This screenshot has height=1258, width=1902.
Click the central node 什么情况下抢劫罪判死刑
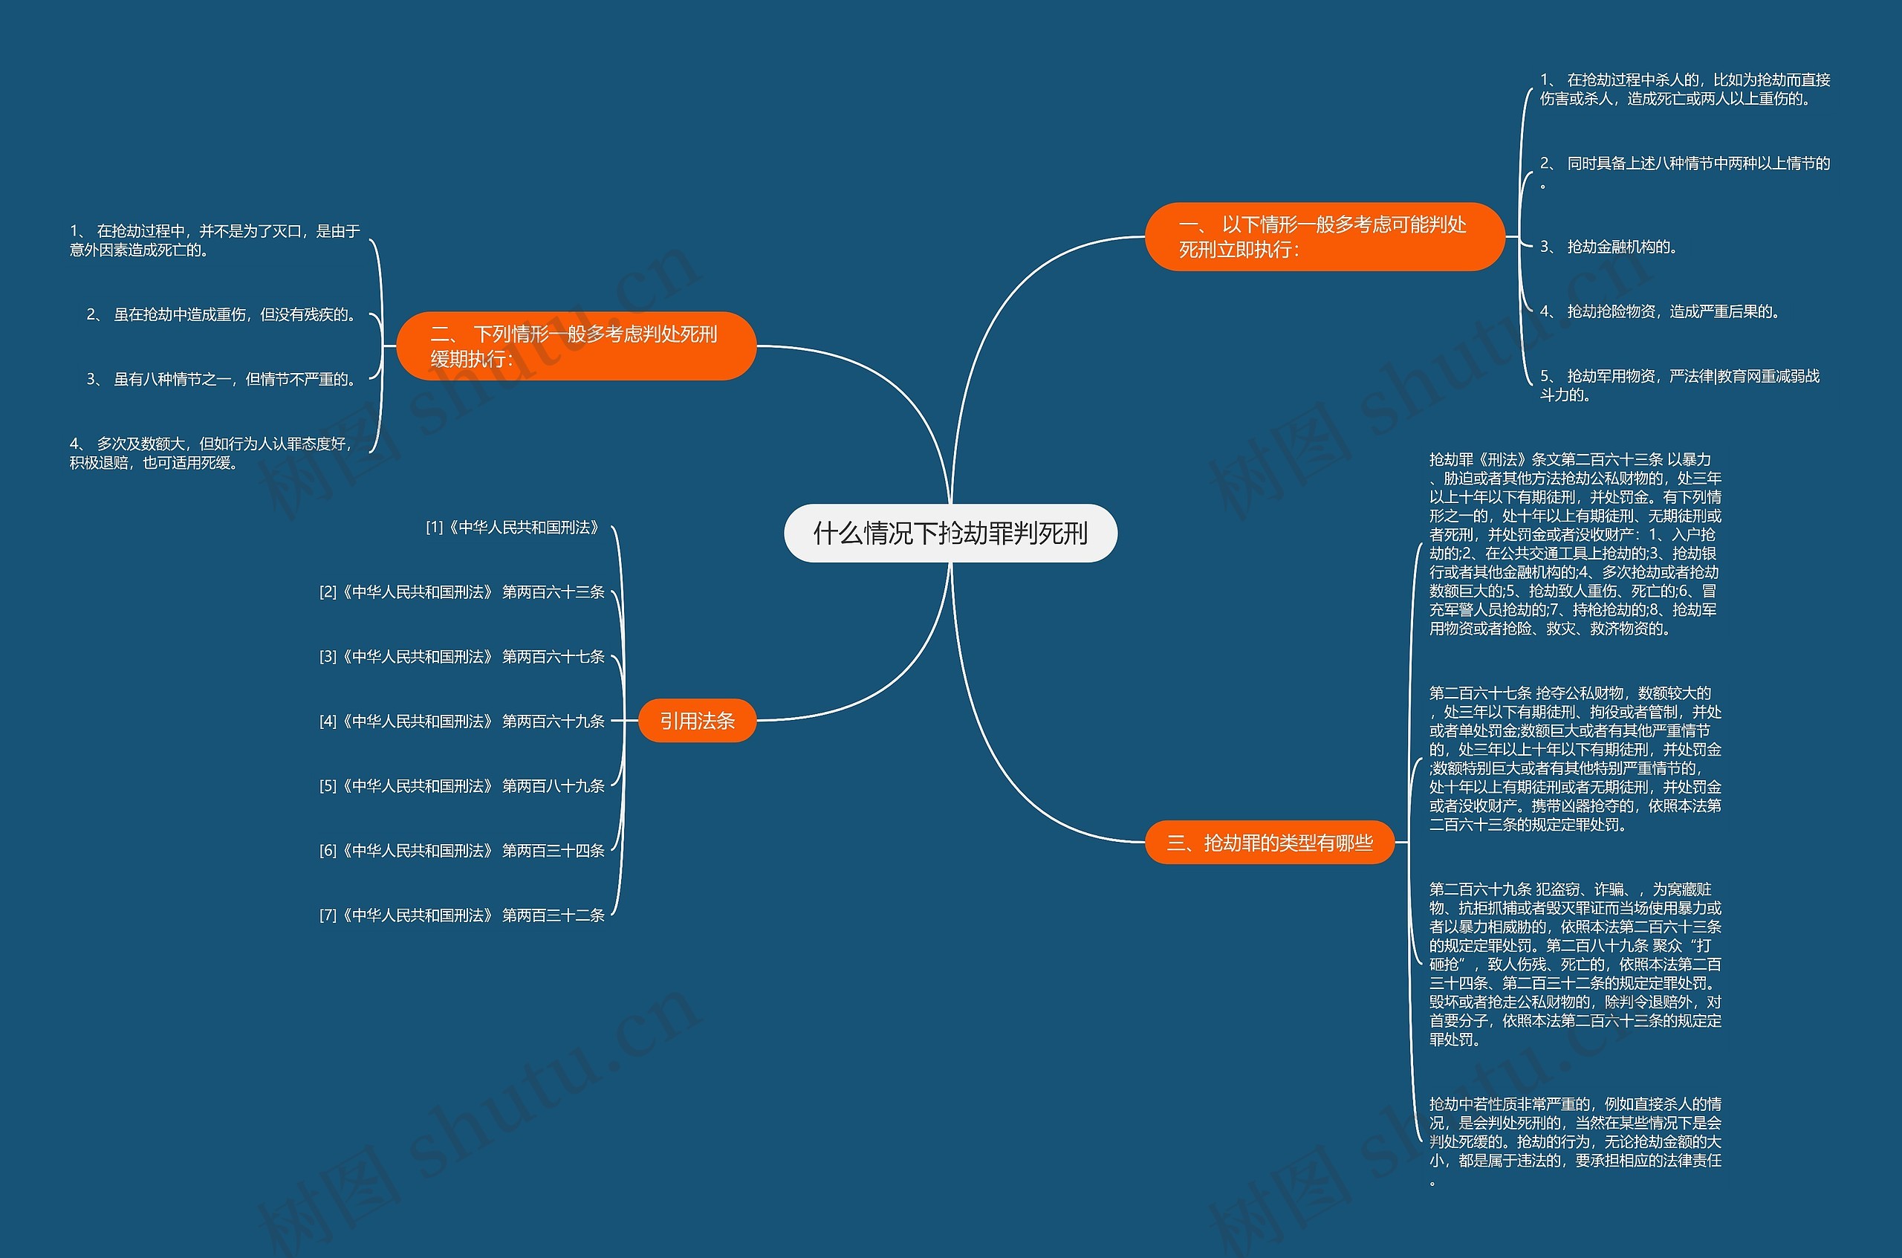[x=950, y=533]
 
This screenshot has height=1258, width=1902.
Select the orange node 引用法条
[x=697, y=721]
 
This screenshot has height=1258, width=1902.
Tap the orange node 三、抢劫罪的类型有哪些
[x=1269, y=843]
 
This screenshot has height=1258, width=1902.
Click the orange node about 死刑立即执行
[x=1325, y=237]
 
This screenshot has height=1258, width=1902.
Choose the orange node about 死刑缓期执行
[x=576, y=346]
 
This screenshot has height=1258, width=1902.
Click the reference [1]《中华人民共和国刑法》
[x=514, y=527]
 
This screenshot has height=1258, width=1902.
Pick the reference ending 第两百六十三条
[x=462, y=592]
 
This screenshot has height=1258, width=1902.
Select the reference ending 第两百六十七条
[x=462, y=656]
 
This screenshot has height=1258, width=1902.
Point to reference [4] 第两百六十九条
[x=462, y=722]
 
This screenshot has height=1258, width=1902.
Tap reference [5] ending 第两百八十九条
[x=462, y=785]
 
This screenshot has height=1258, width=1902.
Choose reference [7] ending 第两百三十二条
[x=462, y=915]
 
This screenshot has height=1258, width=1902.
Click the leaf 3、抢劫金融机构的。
[x=1609, y=246]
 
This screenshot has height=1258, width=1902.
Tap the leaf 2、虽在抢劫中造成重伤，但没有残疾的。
[x=223, y=314]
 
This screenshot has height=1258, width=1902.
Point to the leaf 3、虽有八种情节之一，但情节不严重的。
[x=223, y=379]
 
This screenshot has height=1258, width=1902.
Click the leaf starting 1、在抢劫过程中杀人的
[x=1684, y=89]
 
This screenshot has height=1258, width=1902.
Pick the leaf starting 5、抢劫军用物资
[x=1680, y=385]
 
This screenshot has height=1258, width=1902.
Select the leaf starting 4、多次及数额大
[x=212, y=453]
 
